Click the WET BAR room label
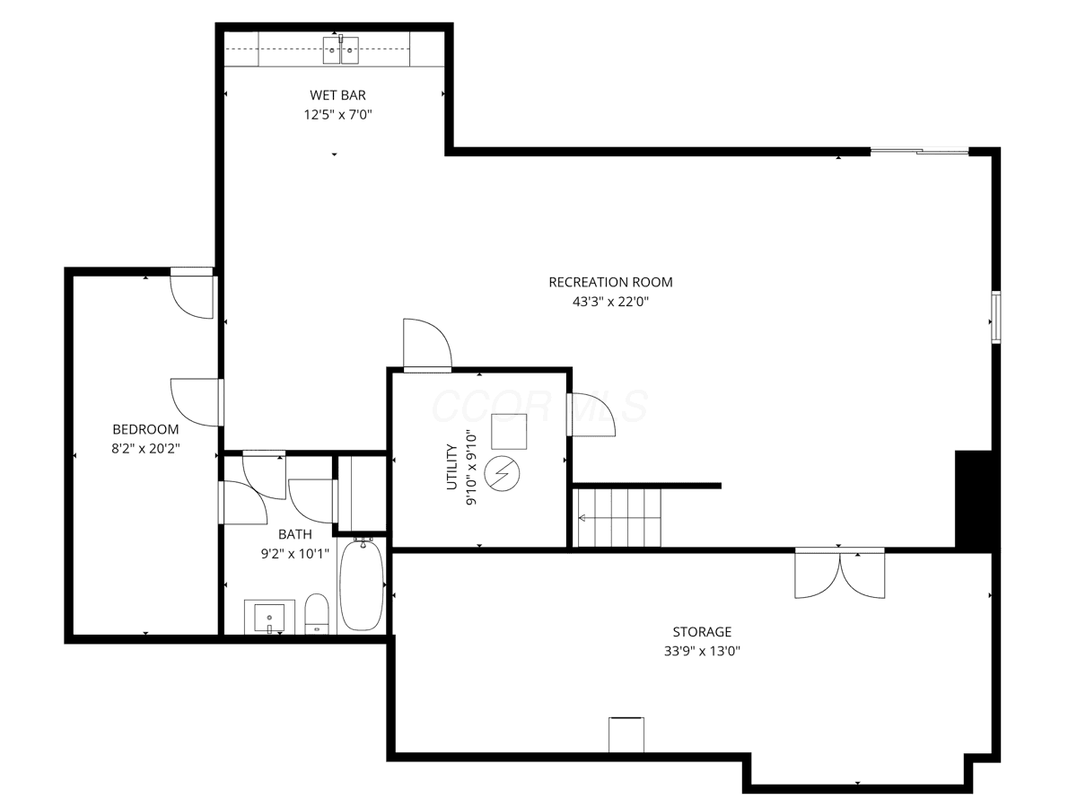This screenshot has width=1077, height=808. point(337,94)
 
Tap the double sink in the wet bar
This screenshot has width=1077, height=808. point(340,49)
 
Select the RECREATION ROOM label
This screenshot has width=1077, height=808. point(610,282)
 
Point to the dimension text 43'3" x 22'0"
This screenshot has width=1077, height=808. point(610,302)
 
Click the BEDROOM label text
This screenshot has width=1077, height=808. point(145,429)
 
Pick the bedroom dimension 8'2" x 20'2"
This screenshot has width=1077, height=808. point(145,448)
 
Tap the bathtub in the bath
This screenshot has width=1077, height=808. point(362,585)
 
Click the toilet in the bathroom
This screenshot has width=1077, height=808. point(317,613)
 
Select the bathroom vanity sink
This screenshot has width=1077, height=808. point(269,617)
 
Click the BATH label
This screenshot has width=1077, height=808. point(295,534)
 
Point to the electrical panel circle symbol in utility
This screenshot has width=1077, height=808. point(502,474)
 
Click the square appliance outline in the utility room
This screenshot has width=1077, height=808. point(509,431)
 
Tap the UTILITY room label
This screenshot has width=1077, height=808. point(452,467)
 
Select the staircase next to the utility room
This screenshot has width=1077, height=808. point(619,517)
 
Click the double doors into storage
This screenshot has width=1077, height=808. point(839,573)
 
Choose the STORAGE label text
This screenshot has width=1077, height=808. point(702,631)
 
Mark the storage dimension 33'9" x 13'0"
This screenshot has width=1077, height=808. point(702,651)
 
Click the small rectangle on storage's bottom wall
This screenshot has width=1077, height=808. point(626,734)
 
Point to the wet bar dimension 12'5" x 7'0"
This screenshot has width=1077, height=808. point(337,114)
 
